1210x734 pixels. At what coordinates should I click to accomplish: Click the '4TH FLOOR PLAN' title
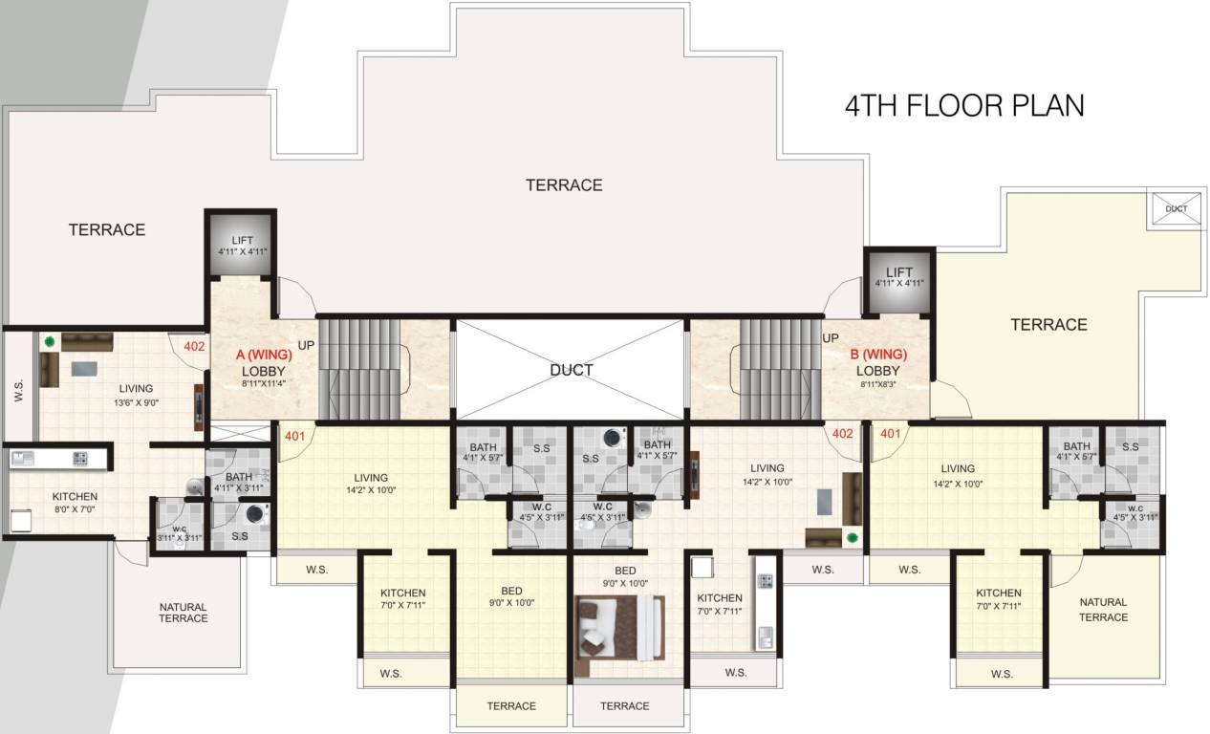[x=964, y=105]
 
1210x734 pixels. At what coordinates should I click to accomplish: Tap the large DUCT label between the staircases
[x=572, y=370]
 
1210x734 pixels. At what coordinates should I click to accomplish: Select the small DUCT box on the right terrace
[x=1176, y=209]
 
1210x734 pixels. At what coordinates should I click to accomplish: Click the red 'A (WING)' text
[x=264, y=355]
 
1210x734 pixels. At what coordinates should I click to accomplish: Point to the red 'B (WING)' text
[x=878, y=355]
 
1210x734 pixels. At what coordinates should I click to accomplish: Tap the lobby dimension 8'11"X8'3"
[x=878, y=385]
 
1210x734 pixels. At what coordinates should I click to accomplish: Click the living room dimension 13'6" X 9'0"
[x=136, y=403]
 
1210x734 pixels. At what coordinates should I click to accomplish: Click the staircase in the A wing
[x=358, y=368]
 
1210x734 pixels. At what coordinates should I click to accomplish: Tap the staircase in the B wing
[x=779, y=368]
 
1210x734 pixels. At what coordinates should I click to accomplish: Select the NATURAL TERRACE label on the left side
[x=183, y=613]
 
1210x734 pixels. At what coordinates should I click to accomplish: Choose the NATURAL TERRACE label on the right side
[x=1103, y=610]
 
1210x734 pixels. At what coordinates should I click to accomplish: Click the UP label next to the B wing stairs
[x=831, y=338]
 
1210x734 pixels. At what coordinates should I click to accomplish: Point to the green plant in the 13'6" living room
[x=49, y=339]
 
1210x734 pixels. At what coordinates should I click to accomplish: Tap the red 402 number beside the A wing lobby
[x=194, y=346]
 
